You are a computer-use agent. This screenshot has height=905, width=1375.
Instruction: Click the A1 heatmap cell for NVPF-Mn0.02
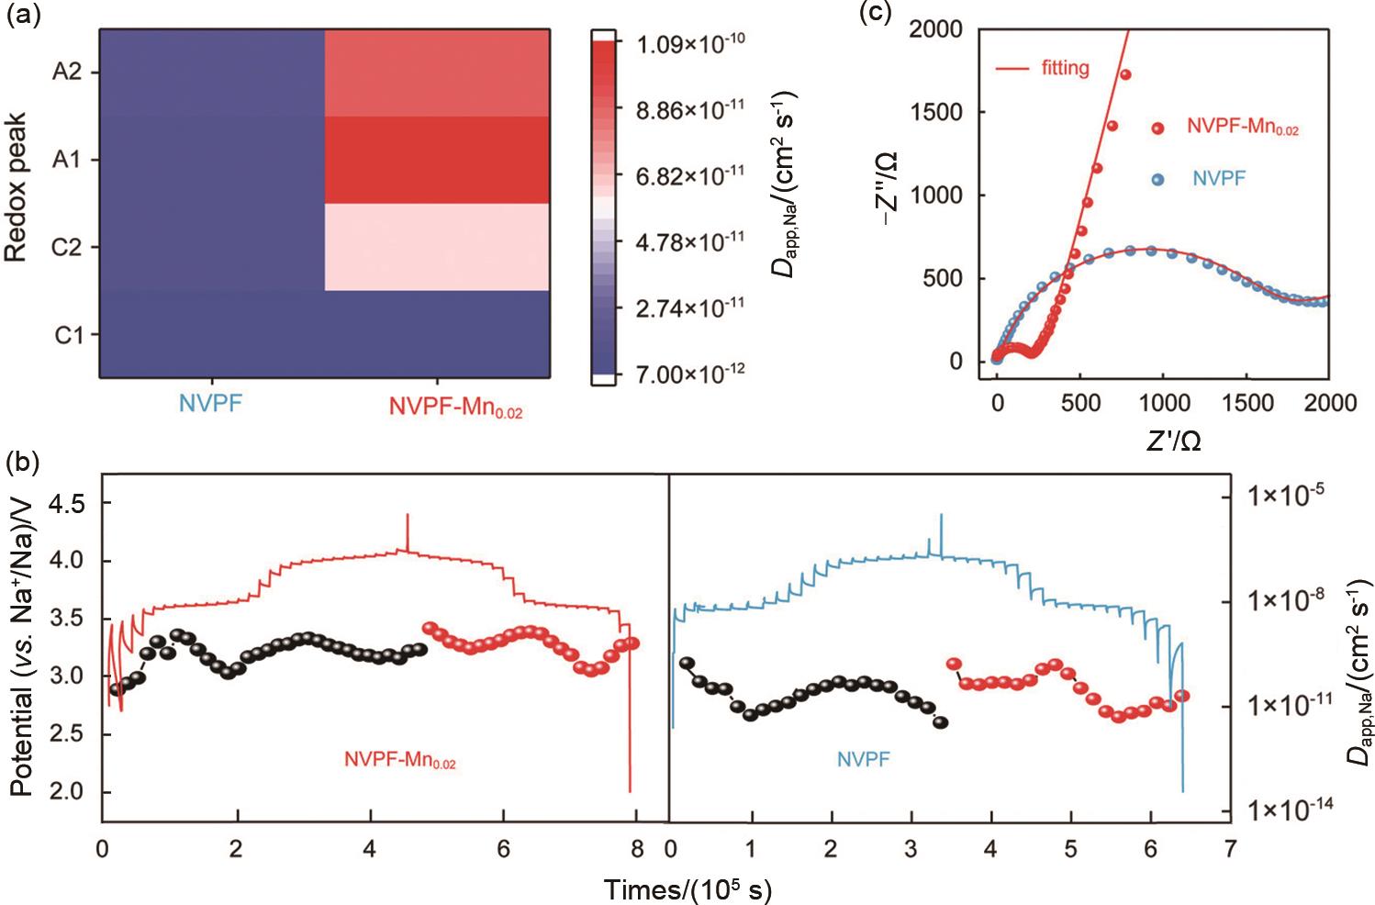click(437, 160)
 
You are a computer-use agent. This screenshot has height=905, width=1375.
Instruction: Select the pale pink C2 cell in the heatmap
click(437, 247)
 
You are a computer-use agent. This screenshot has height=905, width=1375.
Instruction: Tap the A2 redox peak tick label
click(67, 72)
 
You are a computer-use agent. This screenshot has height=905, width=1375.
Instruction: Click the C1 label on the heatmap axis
click(68, 335)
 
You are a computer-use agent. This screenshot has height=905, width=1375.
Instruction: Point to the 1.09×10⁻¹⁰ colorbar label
click(691, 43)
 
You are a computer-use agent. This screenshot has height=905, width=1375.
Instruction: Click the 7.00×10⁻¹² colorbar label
click(691, 373)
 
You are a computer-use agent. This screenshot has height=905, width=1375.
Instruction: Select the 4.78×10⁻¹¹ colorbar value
click(691, 242)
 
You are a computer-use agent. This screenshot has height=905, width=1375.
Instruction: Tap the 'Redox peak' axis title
click(17, 187)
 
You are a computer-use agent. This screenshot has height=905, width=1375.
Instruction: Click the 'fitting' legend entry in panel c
click(1065, 68)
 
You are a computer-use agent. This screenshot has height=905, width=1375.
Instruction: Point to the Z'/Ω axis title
click(1173, 441)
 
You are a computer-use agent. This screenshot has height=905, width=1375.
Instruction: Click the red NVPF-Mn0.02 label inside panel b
click(399, 760)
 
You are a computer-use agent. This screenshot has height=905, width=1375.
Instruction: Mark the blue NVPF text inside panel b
click(863, 759)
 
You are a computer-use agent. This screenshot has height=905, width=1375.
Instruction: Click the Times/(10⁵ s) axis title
click(687, 888)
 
